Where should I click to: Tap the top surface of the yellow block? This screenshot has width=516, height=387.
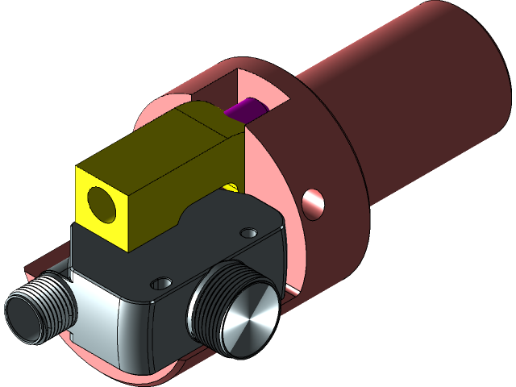(161, 149)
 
